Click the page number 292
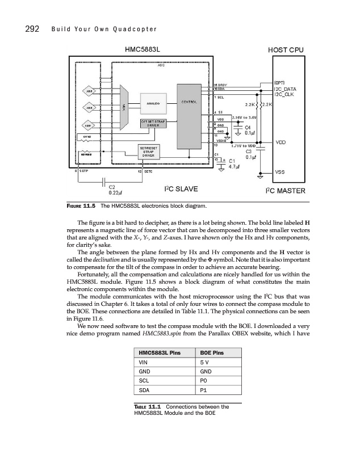[x=30, y=30]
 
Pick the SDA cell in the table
[x=145, y=390]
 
